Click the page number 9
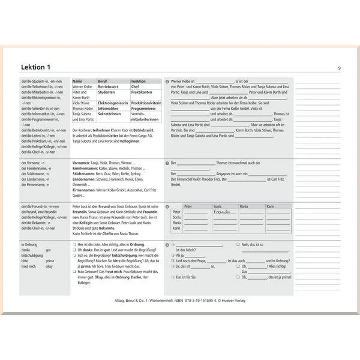pos(339,68)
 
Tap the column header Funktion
pos(139,81)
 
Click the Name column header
pos(78,81)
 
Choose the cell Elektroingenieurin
pos(113,103)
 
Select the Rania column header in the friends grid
pos(244,206)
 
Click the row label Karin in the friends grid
pos(176,228)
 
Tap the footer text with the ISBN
pos(180,300)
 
